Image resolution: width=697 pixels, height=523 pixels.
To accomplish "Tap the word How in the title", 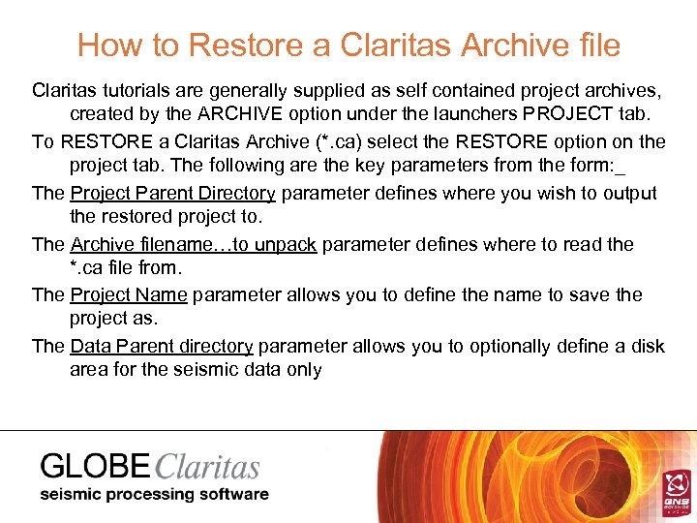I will pos(109,46).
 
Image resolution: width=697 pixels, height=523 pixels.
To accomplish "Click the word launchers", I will pos(468,116).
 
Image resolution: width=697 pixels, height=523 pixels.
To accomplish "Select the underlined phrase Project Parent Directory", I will pos(173,193).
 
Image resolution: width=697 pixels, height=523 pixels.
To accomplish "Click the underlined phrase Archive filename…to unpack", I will pos(194,244).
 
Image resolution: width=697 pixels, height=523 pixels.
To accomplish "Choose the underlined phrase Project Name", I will pos(130,294).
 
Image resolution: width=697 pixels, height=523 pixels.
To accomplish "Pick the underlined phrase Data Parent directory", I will pos(162,346).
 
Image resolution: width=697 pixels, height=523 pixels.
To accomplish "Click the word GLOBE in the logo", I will pos(95,467).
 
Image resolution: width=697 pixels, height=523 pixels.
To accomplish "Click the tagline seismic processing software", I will pos(153,495).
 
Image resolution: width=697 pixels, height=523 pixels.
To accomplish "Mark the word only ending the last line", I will pos(302,370).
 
